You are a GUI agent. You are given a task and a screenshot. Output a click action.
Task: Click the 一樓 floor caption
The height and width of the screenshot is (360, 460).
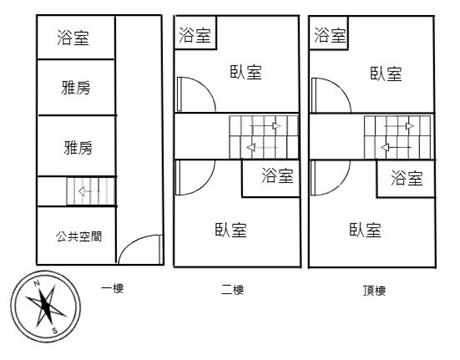pyautogui.click(x=113, y=288)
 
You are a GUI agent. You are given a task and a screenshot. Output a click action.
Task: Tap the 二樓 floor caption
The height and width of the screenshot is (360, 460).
pyautogui.click(x=232, y=290)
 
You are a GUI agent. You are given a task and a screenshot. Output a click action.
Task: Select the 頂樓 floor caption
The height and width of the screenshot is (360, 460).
pyautogui.click(x=374, y=291)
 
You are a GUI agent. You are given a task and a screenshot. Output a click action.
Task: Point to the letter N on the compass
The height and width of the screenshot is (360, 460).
pyautogui.click(x=37, y=283)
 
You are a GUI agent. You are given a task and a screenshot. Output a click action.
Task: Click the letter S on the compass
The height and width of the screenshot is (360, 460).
pyautogui.click(x=55, y=331)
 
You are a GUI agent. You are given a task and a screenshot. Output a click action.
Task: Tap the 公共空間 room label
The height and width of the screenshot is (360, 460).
pyautogui.click(x=79, y=236)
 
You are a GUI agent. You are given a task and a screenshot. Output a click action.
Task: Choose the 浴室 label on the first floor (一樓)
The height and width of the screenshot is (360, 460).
pyautogui.click(x=73, y=38)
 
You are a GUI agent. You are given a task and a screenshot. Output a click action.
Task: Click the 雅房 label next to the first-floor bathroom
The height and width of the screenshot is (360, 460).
pyautogui.click(x=76, y=88)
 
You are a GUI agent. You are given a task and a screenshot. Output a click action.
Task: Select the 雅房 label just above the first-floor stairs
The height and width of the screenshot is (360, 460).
pyautogui.click(x=78, y=148)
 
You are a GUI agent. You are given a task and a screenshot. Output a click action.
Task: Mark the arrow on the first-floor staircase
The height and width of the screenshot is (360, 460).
pyautogui.click(x=88, y=191)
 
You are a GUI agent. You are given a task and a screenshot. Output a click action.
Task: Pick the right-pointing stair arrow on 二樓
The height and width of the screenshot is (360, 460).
pyautogui.click(x=265, y=126)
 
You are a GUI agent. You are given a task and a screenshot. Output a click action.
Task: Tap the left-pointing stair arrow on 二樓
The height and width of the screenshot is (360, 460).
pyautogui.click(x=262, y=147)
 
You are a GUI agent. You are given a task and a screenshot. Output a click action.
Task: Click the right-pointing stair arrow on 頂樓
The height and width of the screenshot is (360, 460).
pyautogui.click(x=399, y=126)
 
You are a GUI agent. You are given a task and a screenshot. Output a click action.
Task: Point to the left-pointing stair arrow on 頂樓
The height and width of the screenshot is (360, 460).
pyautogui.click(x=396, y=147)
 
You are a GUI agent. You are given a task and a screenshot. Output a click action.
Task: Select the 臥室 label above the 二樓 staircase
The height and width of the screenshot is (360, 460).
pyautogui.click(x=246, y=72)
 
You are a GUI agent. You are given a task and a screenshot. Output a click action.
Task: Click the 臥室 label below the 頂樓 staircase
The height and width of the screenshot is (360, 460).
pyautogui.click(x=365, y=230)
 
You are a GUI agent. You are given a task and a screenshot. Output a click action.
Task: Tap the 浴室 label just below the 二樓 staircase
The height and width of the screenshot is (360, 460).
pyautogui.click(x=277, y=176)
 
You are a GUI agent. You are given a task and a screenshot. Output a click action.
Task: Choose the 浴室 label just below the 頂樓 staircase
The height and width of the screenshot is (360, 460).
pyautogui.click(x=407, y=178)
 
